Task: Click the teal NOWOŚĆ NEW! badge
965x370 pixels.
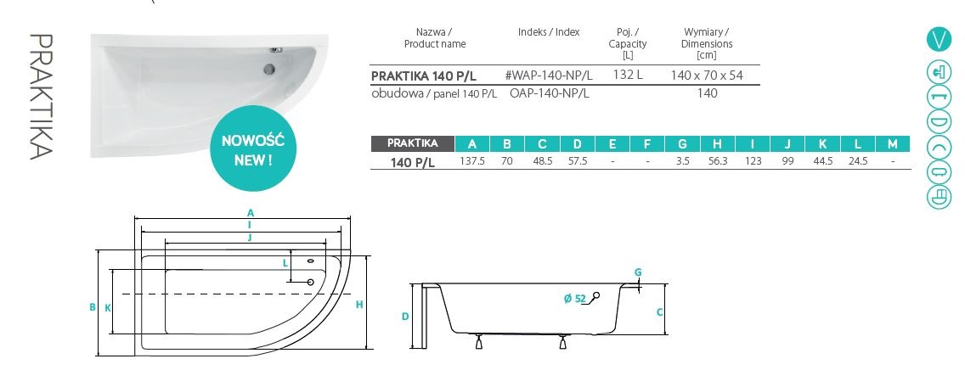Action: pos(252,149)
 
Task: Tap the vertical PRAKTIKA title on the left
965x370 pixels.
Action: pos(42,97)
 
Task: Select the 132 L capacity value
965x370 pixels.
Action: pos(628,75)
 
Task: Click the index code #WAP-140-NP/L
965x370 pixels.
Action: pos(549,76)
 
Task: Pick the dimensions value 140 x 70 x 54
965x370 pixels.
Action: pos(707,75)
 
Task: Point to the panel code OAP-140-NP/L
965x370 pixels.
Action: pos(550,93)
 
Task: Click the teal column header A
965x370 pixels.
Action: pos(472,143)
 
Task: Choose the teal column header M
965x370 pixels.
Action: pos(893,143)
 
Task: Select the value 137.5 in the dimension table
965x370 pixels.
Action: pos(472,161)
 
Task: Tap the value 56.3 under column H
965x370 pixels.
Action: pos(718,161)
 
